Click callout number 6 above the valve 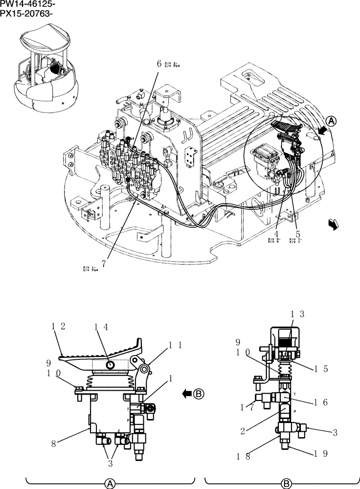[x=159, y=63]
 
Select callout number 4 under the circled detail [x=276, y=234]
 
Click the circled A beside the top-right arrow [x=331, y=121]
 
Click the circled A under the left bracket [x=111, y=483]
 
